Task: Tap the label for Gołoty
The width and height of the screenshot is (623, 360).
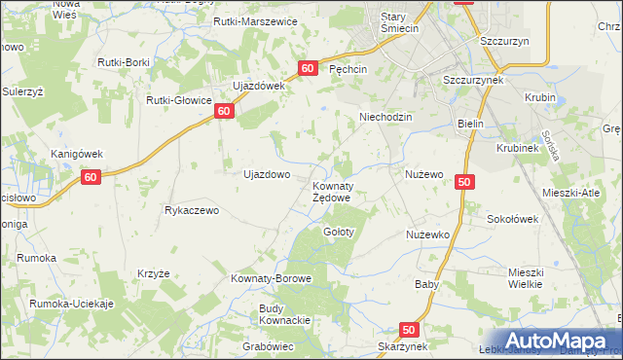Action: point(338,233)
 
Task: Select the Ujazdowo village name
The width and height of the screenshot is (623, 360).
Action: point(266,175)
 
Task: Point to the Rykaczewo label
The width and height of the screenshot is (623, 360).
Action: point(196,210)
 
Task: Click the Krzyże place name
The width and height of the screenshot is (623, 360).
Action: point(154,273)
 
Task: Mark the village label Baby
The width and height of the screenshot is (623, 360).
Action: point(426,285)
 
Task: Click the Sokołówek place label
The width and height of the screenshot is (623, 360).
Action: point(512,220)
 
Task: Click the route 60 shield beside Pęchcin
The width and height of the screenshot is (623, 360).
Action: point(308,68)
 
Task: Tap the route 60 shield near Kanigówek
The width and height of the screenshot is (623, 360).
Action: point(91,176)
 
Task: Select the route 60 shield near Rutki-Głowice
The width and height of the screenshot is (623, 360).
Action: point(224,111)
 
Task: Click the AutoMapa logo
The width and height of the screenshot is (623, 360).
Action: point(559,341)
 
